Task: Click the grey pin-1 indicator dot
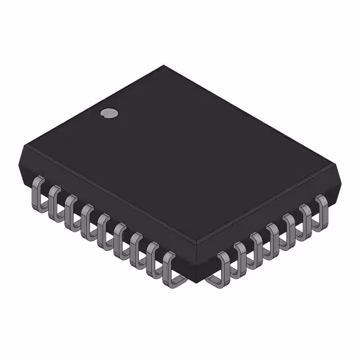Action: coord(109,113)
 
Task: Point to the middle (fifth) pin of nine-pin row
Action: coord(103,226)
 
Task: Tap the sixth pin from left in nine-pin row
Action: coord(120,236)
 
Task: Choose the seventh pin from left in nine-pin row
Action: coord(137,246)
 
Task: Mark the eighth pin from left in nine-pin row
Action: coord(153,256)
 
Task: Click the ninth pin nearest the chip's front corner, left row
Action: coord(171,268)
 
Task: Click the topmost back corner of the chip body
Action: coord(164,65)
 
